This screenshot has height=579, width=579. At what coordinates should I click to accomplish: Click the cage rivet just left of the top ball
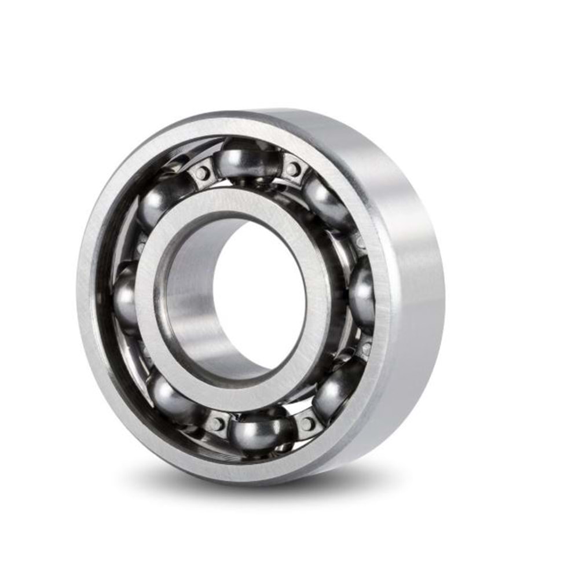click(202, 173)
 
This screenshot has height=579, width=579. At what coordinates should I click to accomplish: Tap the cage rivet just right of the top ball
click(293, 169)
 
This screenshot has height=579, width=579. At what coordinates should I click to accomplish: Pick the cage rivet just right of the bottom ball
click(306, 423)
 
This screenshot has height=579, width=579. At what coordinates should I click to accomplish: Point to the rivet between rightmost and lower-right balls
click(366, 349)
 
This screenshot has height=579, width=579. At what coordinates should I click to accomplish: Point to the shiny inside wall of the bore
click(191, 301)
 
